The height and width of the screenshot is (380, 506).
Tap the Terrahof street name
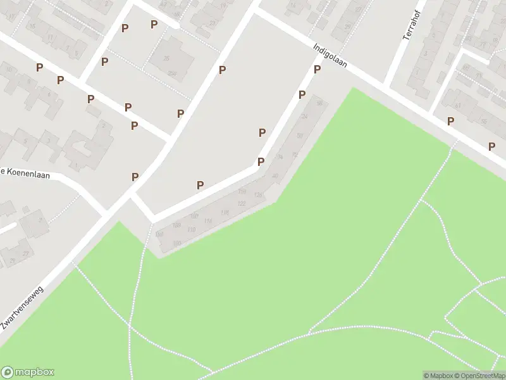tap(412, 25)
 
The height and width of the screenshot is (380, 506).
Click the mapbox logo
tap(28, 372)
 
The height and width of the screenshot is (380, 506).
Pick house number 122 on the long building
tap(241, 203)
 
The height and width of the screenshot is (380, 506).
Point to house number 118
tap(224, 212)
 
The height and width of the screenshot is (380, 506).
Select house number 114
tap(207, 220)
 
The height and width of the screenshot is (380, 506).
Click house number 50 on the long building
tap(300, 136)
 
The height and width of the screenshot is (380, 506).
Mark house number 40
tap(275, 175)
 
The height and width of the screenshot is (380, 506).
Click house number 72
tap(294, 155)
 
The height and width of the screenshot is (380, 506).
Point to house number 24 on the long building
tap(305, 117)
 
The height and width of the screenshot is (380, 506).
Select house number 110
tap(191, 229)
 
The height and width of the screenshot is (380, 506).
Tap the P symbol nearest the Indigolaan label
tap(318, 69)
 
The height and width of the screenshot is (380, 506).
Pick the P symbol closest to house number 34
tap(261, 162)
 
